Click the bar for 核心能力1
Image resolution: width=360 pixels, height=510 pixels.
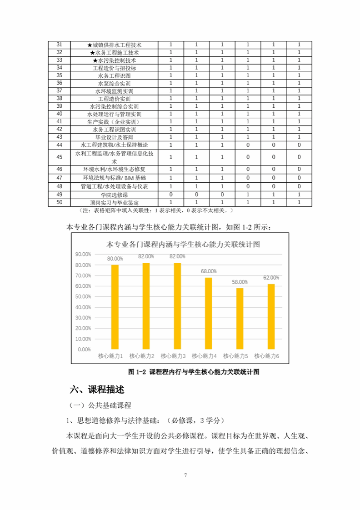tap(115, 307)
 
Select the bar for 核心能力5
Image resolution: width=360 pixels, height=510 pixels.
tap(240, 318)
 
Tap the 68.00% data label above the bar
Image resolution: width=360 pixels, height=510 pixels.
tap(209, 271)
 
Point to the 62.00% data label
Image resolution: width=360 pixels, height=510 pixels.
tap(271, 277)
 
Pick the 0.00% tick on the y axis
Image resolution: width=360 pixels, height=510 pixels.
tap(85, 350)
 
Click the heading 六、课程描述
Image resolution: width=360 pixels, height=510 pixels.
tap(97, 390)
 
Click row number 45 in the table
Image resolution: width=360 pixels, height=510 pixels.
tap(60, 157)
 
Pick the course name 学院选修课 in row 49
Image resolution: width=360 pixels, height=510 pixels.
tap(114, 195)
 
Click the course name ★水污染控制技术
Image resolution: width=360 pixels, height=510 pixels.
tap(114, 60)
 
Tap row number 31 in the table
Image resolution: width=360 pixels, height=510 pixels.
tap(60, 45)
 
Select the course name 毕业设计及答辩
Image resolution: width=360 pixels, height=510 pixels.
tap(114, 137)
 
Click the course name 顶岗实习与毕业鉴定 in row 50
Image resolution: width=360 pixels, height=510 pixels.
tap(114, 202)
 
